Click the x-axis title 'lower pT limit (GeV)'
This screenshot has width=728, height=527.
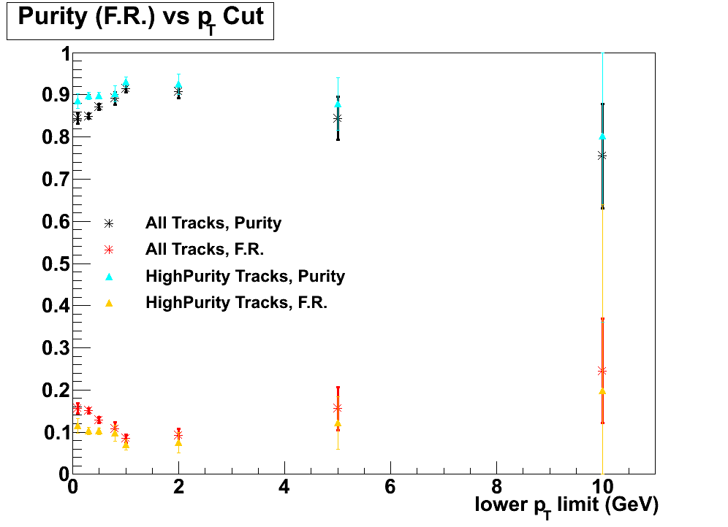click(566, 504)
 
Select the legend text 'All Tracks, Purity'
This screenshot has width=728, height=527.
click(213, 223)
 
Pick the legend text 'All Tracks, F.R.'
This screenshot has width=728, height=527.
click(205, 249)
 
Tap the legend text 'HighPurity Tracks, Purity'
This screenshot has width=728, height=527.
click(245, 276)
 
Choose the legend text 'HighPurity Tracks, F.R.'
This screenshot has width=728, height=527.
click(236, 302)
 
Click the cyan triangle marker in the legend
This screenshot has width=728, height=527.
click(109, 276)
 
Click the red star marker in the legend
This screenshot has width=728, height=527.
click(109, 249)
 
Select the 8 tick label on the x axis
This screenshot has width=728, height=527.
click(496, 487)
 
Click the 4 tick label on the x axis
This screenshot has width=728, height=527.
click(284, 487)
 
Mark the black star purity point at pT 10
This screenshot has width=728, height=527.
click(602, 155)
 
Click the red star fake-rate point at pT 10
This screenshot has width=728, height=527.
click(602, 371)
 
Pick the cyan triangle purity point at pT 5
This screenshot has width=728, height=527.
click(338, 104)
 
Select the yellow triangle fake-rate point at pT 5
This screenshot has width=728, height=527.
click(338, 423)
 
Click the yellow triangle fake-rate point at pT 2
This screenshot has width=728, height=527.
click(178, 443)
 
